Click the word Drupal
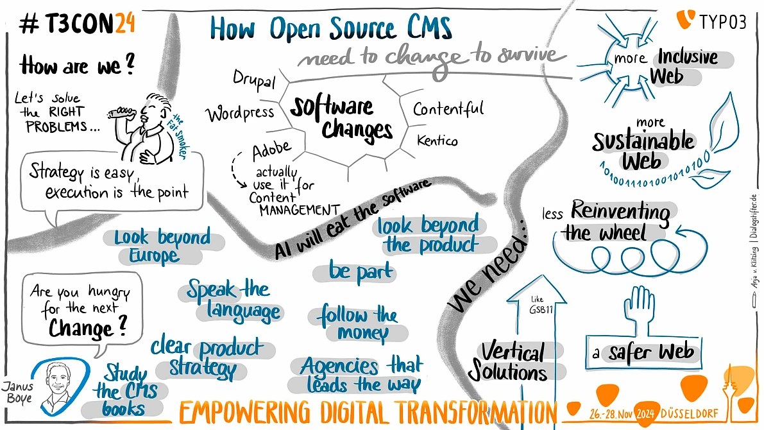[x=254, y=80]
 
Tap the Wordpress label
[x=240, y=114]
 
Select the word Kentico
[x=437, y=141]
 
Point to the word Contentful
[x=448, y=108]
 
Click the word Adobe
[x=272, y=150]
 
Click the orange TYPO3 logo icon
[x=685, y=20]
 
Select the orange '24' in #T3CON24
[x=124, y=24]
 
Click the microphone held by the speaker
[x=121, y=113]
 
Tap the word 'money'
[x=363, y=333]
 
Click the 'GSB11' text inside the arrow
[x=541, y=309]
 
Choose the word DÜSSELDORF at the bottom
[x=689, y=414]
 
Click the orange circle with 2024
[x=645, y=414]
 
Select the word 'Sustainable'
[x=643, y=141]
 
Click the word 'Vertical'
[x=513, y=352]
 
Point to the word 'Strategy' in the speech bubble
[x=56, y=171]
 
